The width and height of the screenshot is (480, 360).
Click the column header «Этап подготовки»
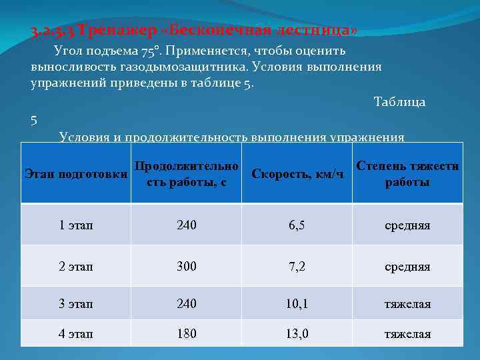76,174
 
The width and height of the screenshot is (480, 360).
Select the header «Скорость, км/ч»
298,174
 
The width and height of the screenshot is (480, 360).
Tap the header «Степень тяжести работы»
407,174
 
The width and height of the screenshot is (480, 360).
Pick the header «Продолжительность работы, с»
186,174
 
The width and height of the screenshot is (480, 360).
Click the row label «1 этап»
76,225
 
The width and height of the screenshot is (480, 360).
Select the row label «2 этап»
76,267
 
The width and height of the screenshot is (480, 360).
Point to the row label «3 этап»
76,304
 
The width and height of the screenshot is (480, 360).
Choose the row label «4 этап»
76,334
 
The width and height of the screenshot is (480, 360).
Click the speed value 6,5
297,225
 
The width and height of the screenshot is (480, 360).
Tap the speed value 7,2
297,267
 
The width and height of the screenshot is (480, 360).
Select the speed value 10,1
297,304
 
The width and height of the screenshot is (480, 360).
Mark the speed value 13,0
297,334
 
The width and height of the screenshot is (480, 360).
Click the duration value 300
187,267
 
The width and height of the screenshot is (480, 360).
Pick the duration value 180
187,334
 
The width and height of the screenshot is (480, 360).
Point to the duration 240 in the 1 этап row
187,225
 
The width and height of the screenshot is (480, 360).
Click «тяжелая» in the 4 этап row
407,334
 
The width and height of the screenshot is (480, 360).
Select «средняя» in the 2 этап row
407,267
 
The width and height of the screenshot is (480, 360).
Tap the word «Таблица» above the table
400,102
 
